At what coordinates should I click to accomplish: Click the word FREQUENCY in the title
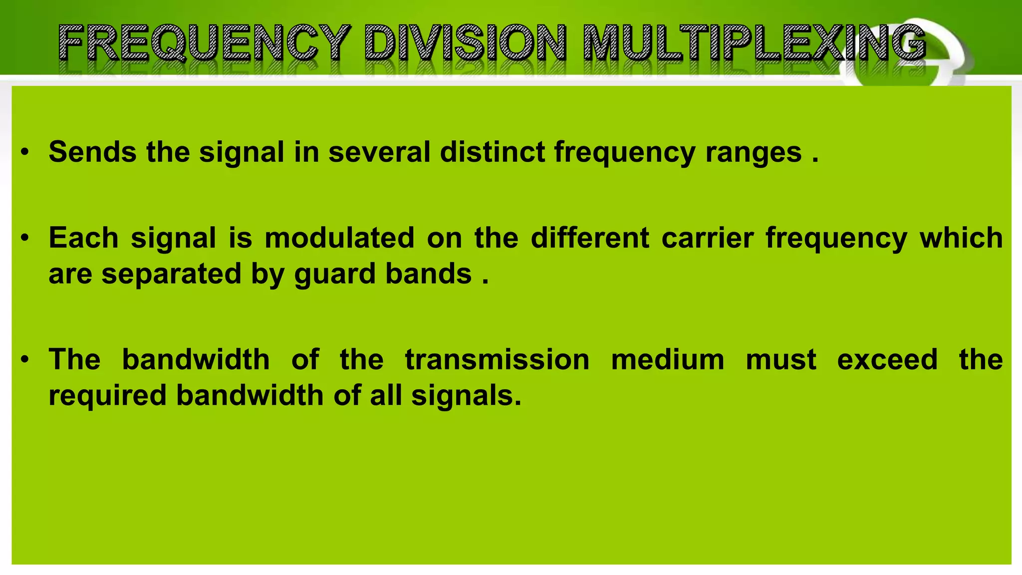click(x=204, y=43)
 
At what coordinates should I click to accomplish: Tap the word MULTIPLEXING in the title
click(x=755, y=43)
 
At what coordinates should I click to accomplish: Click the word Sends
click(x=92, y=152)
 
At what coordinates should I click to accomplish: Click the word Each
click(x=83, y=238)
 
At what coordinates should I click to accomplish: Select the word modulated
click(x=339, y=238)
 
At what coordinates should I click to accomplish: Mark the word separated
click(x=172, y=275)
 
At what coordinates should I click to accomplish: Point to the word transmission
click(x=497, y=359)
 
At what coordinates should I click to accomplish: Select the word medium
click(x=667, y=359)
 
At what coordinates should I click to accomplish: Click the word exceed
click(x=887, y=359)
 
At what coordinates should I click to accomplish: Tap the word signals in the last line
click(x=466, y=396)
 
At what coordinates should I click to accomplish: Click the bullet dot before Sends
click(x=25, y=152)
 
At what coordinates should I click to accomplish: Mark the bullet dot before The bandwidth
click(x=25, y=359)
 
